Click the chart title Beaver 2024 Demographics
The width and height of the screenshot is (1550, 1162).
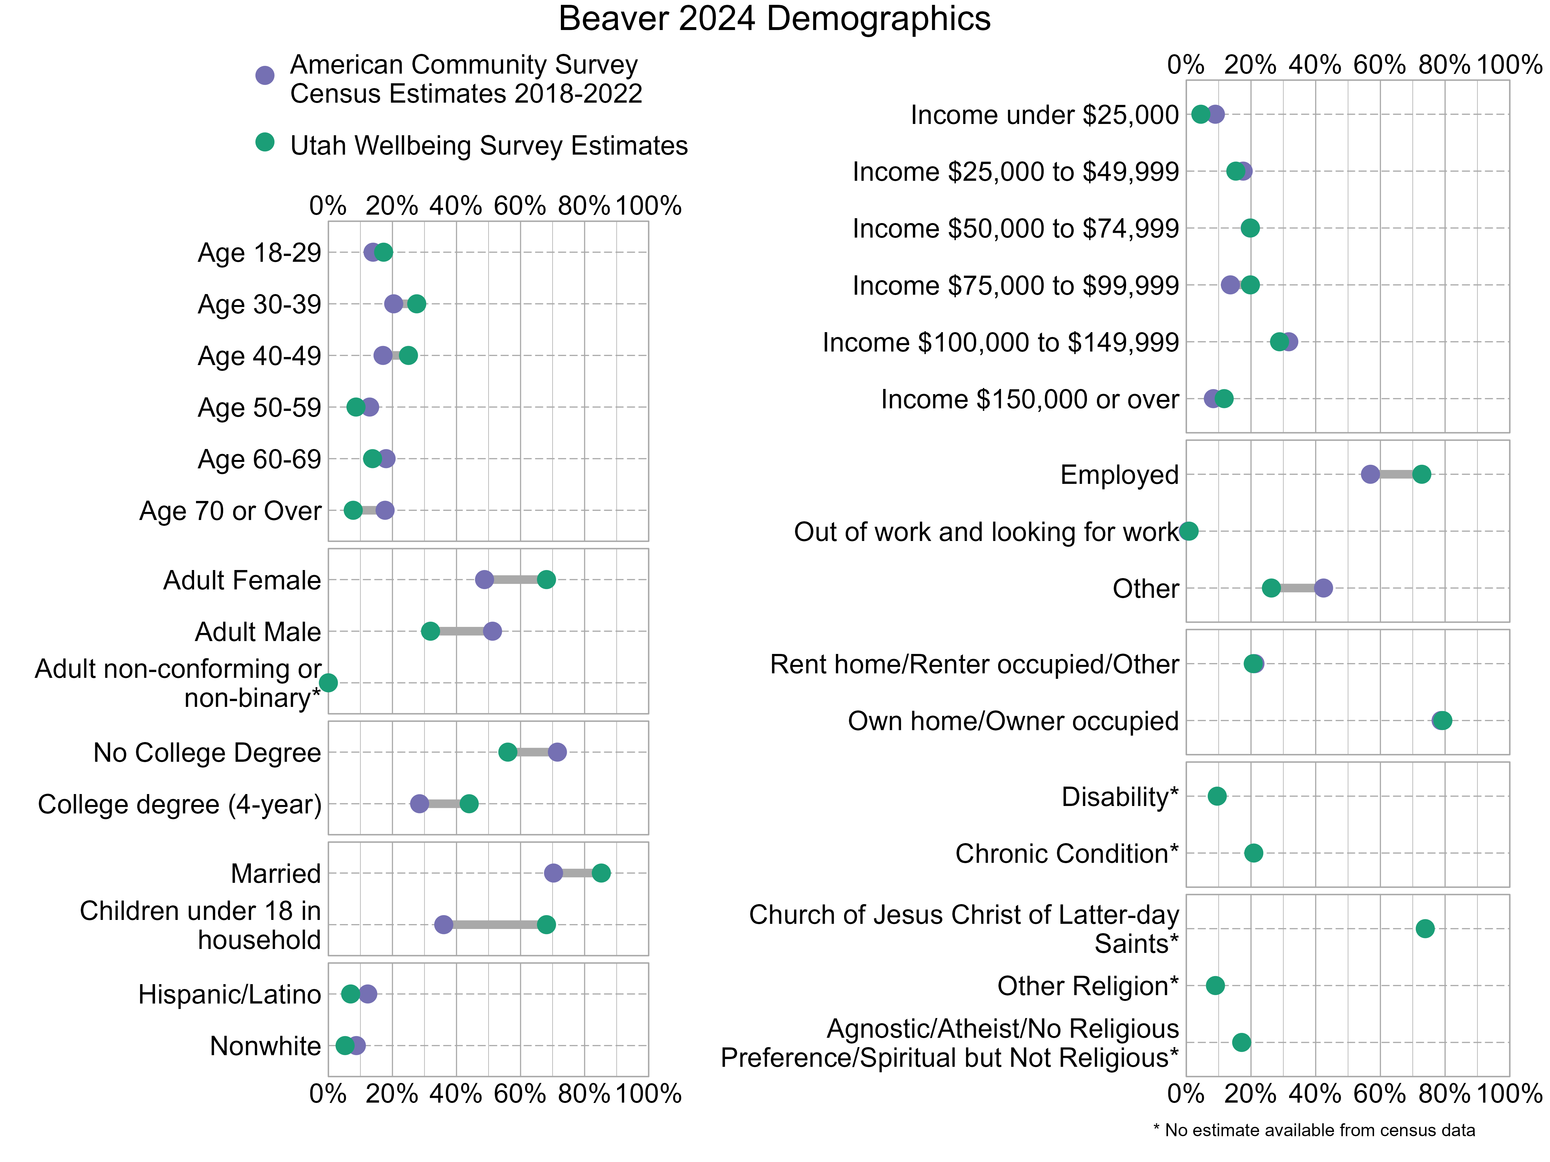click(x=774, y=19)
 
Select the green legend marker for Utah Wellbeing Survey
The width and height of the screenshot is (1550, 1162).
click(x=264, y=142)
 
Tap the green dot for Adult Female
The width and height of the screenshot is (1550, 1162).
click(x=547, y=579)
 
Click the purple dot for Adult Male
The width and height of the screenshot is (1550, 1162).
click(x=492, y=631)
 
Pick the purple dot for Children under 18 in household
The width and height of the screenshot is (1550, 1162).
click(x=443, y=924)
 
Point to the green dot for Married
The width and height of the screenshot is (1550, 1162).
click(x=601, y=873)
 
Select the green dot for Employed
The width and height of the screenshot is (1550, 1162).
click(x=1421, y=474)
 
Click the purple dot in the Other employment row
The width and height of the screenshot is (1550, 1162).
click(x=1323, y=588)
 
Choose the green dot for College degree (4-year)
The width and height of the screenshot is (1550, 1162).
click(x=469, y=803)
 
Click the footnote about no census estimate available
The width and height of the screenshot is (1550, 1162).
click(x=1314, y=1130)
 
